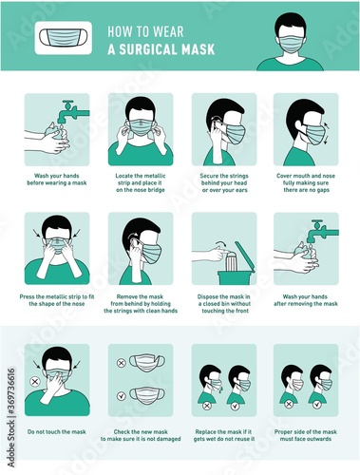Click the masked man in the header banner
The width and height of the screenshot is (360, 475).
(290, 42)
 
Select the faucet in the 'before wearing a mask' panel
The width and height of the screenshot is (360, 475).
(74, 111)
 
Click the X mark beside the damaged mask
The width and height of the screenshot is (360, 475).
(122, 363)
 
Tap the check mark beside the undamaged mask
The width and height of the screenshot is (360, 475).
(122, 396)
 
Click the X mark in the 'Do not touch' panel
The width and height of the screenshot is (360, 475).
(35, 381)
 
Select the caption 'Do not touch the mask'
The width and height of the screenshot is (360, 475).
(57, 431)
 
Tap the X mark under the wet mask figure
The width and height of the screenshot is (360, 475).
(207, 406)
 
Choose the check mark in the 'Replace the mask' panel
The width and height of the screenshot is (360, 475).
(235, 406)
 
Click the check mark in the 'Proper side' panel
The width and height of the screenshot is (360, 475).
(317, 405)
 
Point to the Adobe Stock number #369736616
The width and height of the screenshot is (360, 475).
(11, 393)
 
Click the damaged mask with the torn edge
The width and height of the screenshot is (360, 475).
(148, 362)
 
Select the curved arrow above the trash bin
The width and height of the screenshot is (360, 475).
(220, 244)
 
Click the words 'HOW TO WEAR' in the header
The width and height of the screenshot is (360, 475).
(145, 31)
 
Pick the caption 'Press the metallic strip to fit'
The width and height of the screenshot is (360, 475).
(57, 296)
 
